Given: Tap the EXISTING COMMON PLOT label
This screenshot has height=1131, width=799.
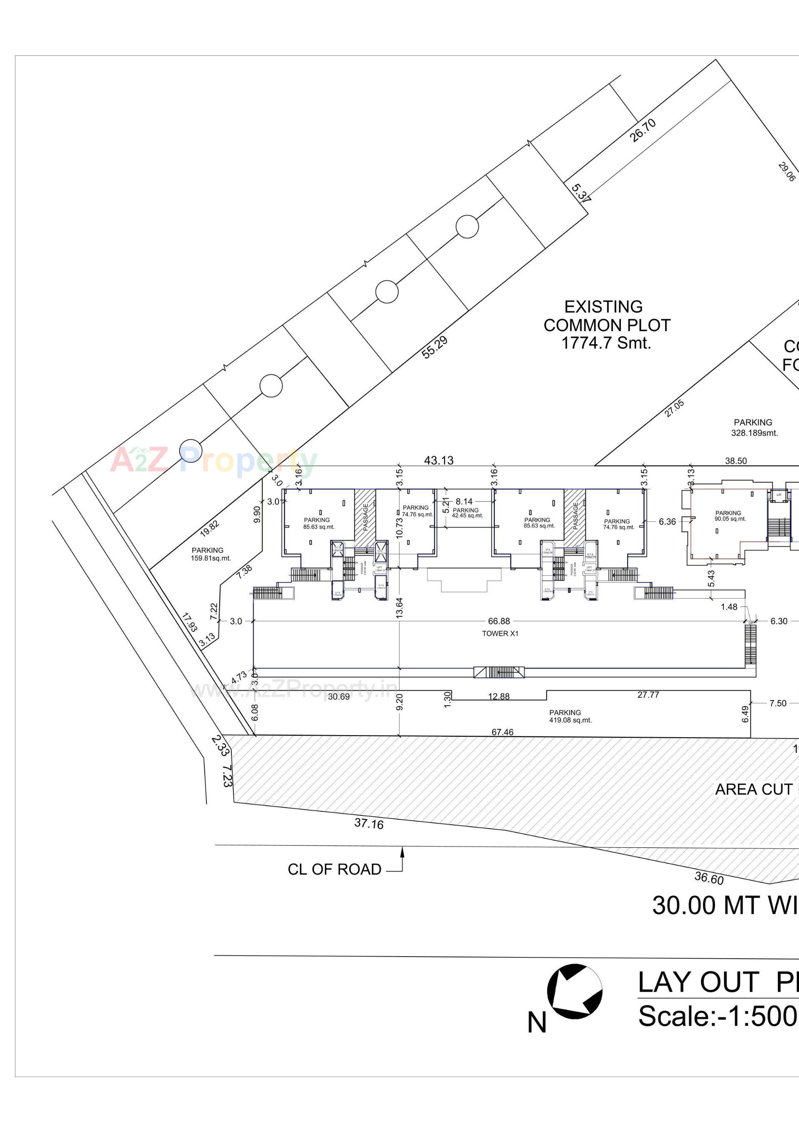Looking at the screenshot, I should pyautogui.click(x=606, y=325).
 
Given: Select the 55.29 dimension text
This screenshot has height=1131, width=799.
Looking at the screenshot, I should pyautogui.click(x=434, y=347).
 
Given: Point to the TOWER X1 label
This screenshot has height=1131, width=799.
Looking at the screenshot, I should pyautogui.click(x=499, y=634).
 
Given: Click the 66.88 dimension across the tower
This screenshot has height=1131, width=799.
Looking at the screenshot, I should pyautogui.click(x=499, y=621).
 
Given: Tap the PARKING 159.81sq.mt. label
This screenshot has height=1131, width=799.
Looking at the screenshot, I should pyautogui.click(x=210, y=554).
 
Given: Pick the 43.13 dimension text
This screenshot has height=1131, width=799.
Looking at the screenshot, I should pyautogui.click(x=439, y=460).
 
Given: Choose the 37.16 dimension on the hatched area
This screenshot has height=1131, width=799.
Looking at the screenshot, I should pyautogui.click(x=368, y=823).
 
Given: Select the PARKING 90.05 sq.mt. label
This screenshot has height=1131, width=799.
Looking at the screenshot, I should pyautogui.click(x=730, y=516).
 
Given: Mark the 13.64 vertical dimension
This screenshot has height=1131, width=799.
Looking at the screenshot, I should pyautogui.click(x=399, y=607).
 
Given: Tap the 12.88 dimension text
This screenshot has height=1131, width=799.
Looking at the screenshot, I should pyautogui.click(x=499, y=696).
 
